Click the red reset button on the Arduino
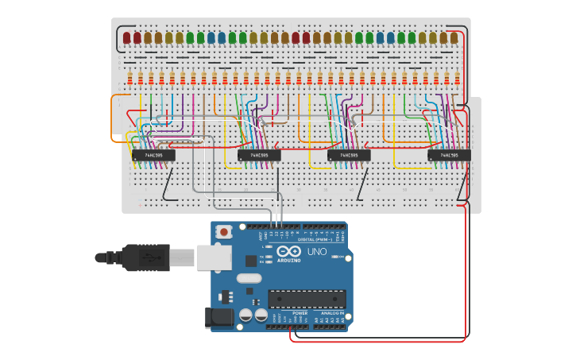coord(225,232)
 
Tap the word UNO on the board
coord(317,252)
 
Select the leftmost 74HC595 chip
coord(153,155)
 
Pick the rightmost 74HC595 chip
coord(449,155)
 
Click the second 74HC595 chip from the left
coord(259,155)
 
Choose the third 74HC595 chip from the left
coord(349,155)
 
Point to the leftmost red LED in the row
coord(127,37)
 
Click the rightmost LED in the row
coord(454,37)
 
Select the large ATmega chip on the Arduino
coord(307,299)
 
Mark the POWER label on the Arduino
coord(300,313)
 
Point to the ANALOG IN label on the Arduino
coord(332,313)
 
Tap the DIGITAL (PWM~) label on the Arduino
coord(315,238)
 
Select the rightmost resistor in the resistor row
coord(457,78)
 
